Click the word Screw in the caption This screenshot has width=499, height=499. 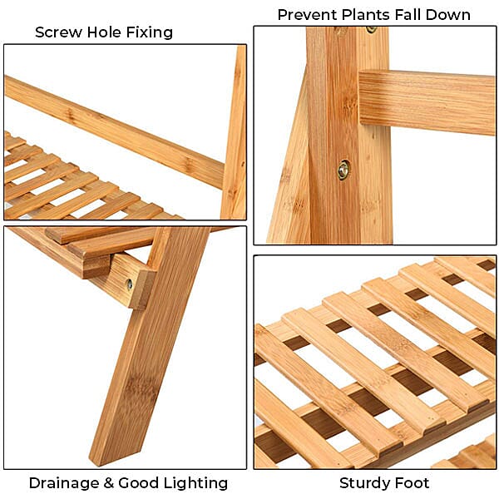point(58,32)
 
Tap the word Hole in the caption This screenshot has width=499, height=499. point(103,32)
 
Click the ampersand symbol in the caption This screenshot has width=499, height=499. point(111,483)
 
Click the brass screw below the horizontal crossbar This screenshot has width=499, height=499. point(343,170)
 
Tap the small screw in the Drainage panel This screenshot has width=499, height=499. point(129,284)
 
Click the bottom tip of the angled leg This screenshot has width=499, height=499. point(108,457)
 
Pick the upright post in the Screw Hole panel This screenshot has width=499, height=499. point(235,133)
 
